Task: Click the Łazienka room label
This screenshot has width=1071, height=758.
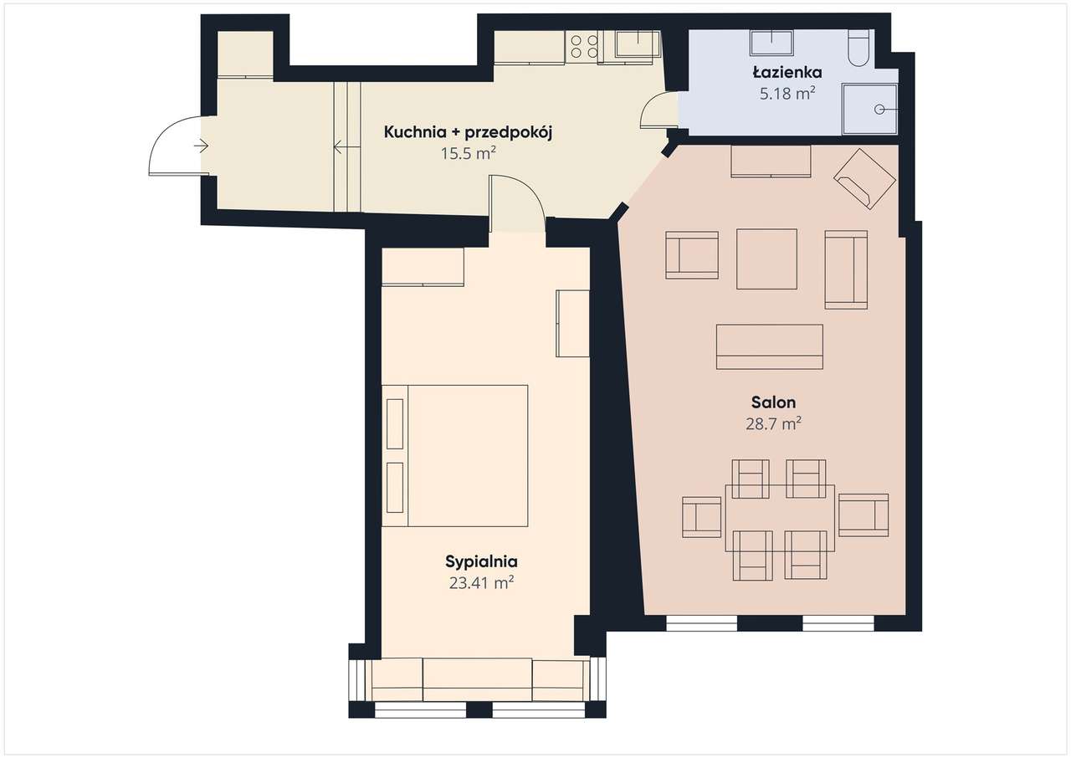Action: tap(787, 72)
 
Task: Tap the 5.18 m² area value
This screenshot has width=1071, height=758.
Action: tap(787, 94)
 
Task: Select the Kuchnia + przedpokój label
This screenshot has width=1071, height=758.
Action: tap(468, 132)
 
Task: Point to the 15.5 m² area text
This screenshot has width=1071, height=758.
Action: tap(468, 153)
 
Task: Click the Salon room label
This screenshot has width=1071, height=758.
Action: tap(774, 402)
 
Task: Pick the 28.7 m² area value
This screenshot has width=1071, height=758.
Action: tap(774, 424)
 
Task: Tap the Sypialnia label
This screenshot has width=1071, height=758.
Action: tap(481, 561)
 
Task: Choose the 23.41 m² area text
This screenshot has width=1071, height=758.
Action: tap(481, 583)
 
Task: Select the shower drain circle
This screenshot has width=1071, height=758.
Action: tap(879, 110)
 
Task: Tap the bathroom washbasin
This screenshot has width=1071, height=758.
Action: tap(771, 43)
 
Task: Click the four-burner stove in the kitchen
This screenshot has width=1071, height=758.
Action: tap(584, 47)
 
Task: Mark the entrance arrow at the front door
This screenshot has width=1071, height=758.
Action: tap(202, 146)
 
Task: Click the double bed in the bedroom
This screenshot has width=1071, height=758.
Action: tap(454, 455)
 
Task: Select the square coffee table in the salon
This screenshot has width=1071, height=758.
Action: tap(766, 259)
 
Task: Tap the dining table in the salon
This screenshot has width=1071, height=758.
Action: tap(780, 518)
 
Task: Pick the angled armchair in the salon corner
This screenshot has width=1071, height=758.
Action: tap(864, 179)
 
